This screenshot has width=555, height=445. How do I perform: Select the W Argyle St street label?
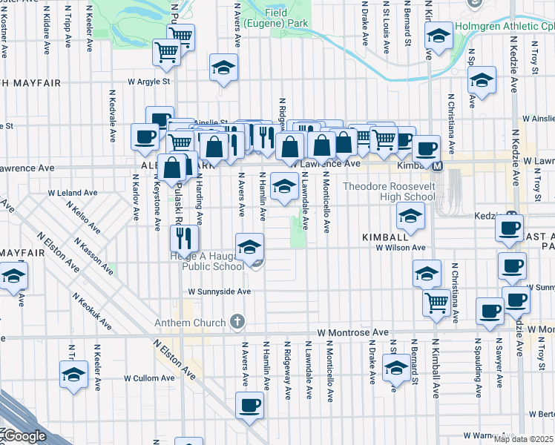[x=149, y=81]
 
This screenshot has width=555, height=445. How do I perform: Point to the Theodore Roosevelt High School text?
[x=390, y=191]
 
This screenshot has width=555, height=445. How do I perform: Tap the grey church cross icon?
[x=237, y=322]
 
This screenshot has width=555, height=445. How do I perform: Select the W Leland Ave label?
[x=73, y=193]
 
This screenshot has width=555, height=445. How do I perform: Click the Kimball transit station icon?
[x=439, y=166]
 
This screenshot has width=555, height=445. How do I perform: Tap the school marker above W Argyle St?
[x=223, y=68]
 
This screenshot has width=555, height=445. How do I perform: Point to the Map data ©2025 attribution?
[x=524, y=439]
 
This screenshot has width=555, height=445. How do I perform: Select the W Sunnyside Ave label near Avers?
[x=219, y=292]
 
